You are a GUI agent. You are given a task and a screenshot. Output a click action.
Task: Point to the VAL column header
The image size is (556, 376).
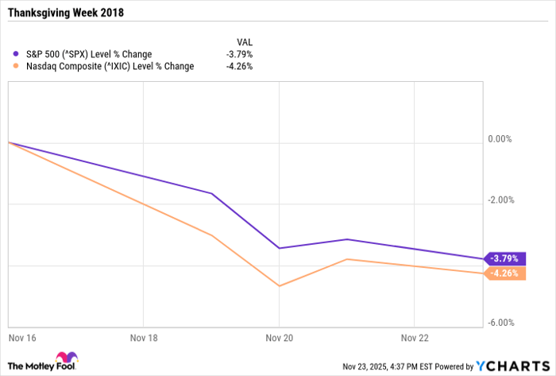click(245, 41)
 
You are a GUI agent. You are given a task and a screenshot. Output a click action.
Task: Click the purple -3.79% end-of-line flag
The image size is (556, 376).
click(506, 258)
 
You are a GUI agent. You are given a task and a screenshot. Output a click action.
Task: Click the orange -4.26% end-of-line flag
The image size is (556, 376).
click(506, 273)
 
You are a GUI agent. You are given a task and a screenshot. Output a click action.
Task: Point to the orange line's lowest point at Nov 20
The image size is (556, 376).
click(280, 285)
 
